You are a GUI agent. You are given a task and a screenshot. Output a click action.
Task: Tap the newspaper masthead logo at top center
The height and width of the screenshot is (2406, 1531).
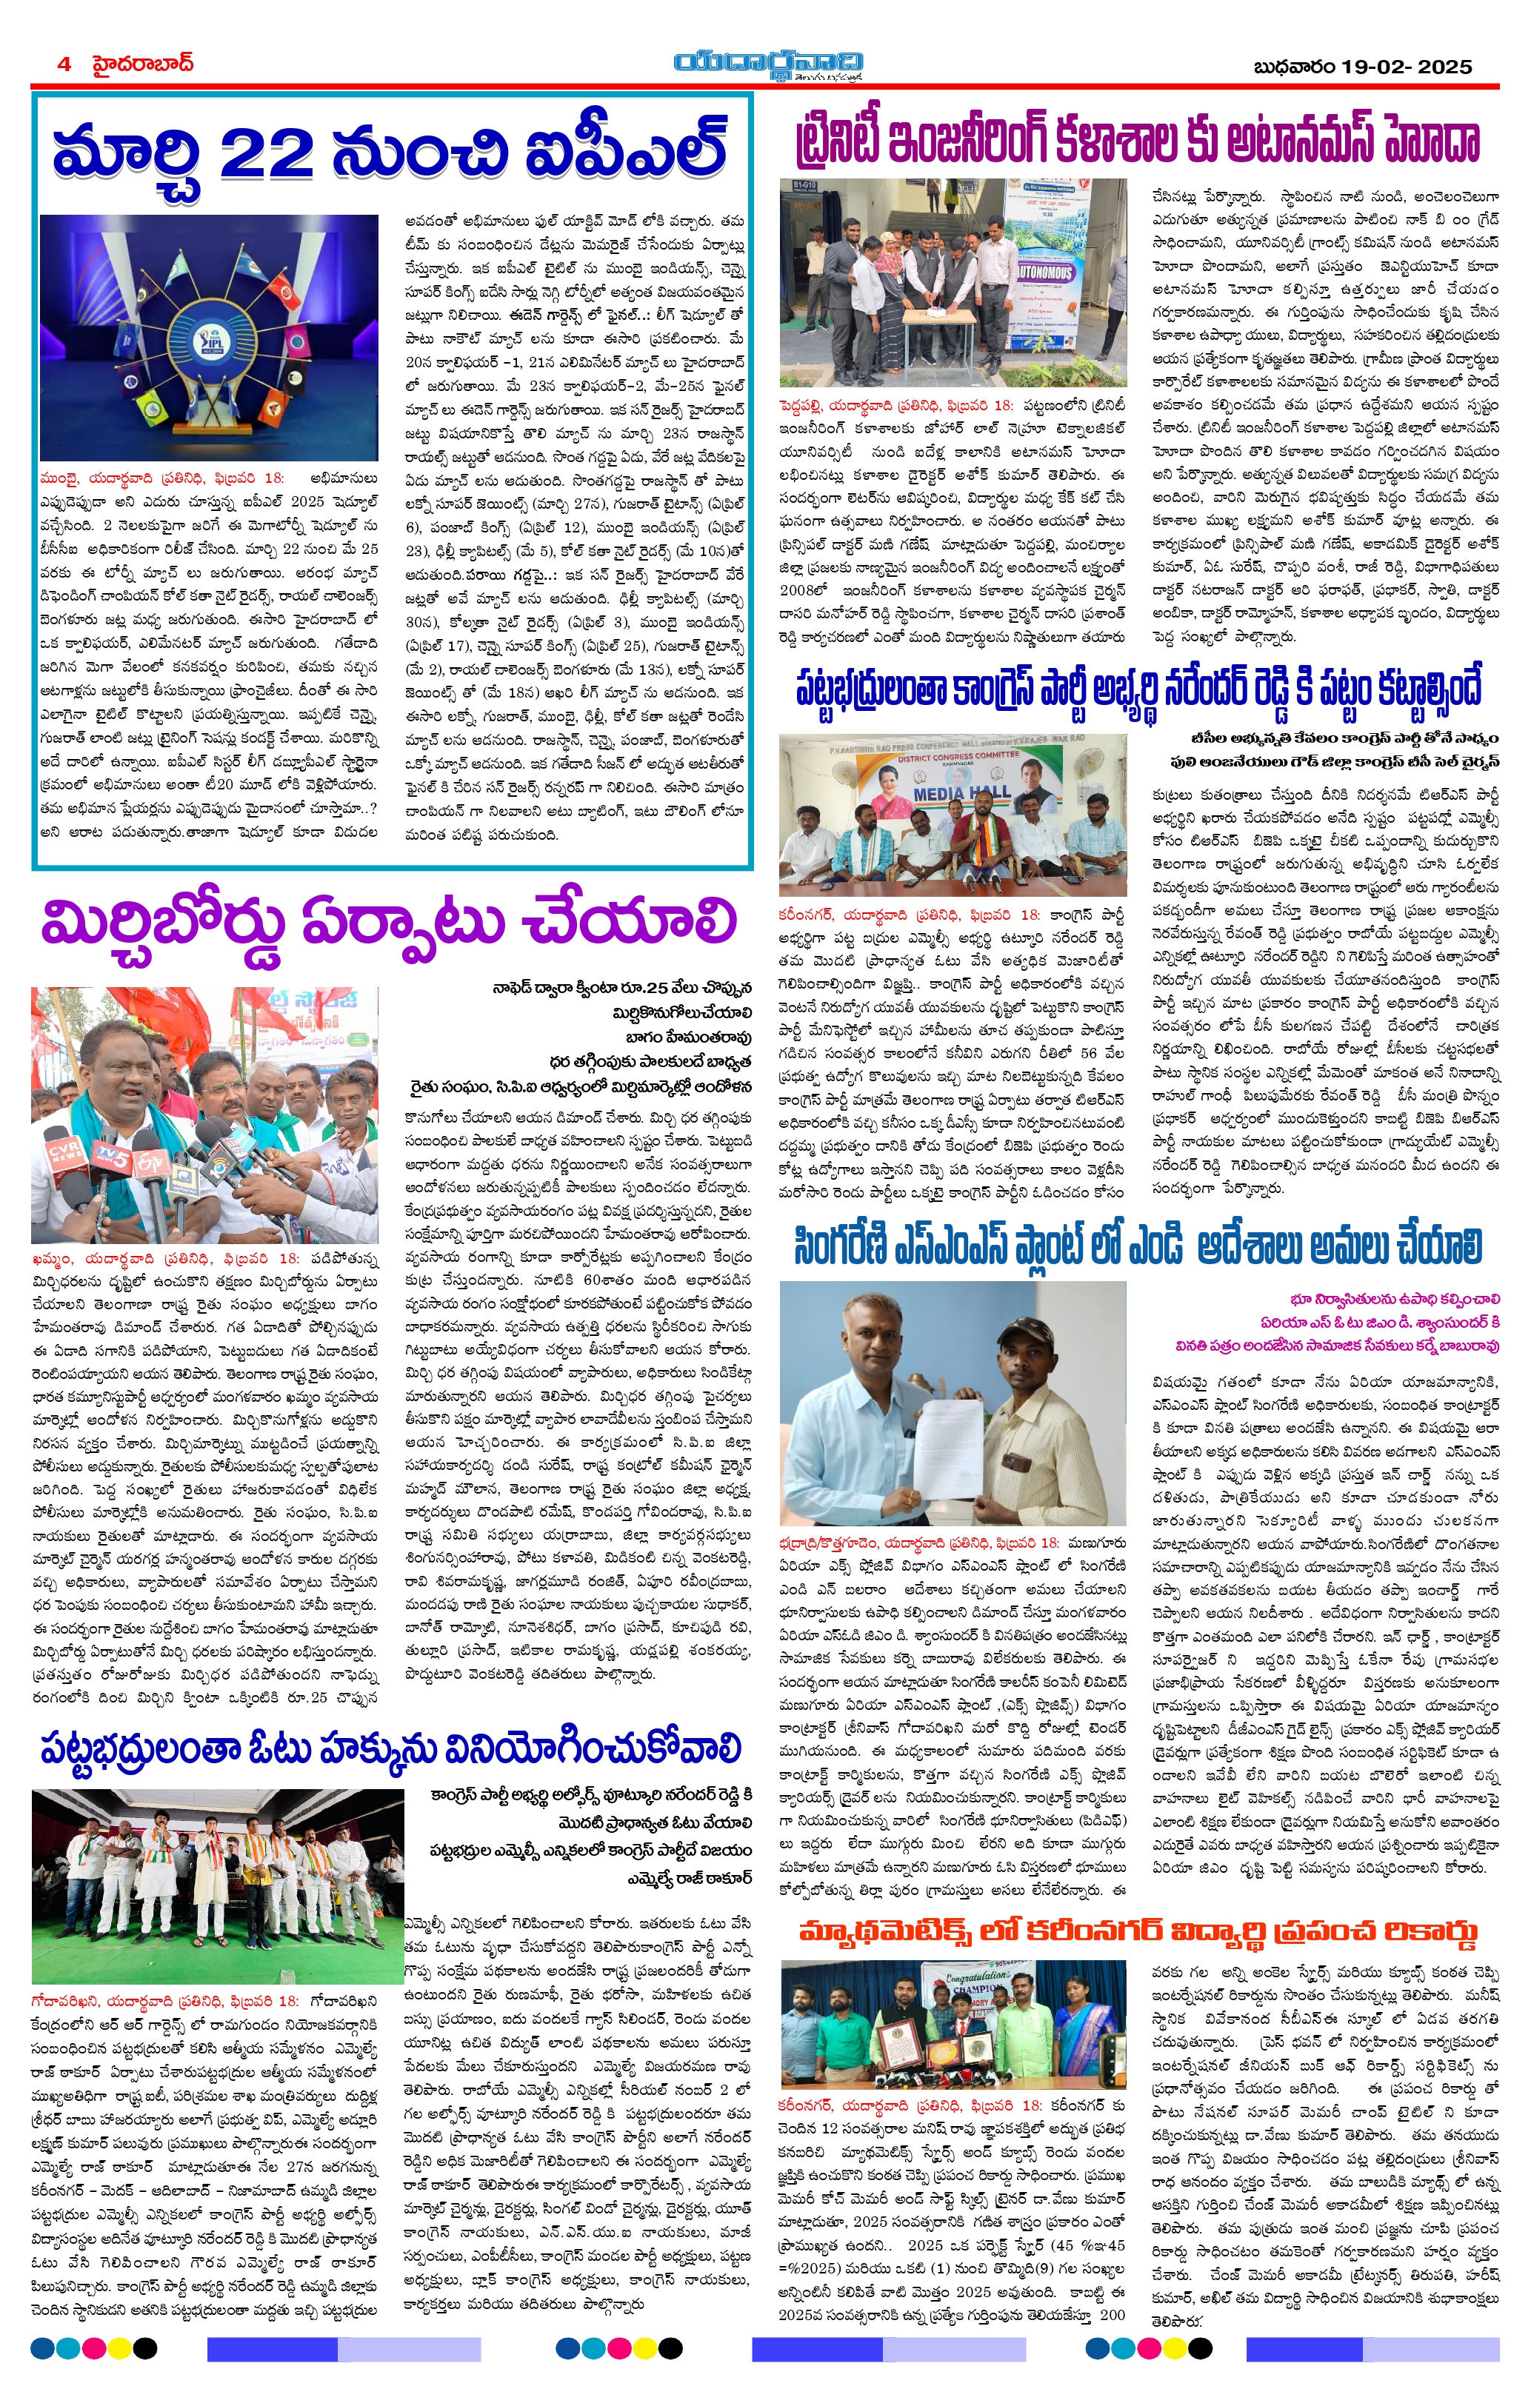767,65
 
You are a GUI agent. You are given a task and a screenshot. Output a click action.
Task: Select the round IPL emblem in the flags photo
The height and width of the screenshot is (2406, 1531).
208,341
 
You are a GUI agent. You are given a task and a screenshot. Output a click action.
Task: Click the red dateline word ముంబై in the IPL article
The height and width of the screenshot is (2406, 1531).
60,478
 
